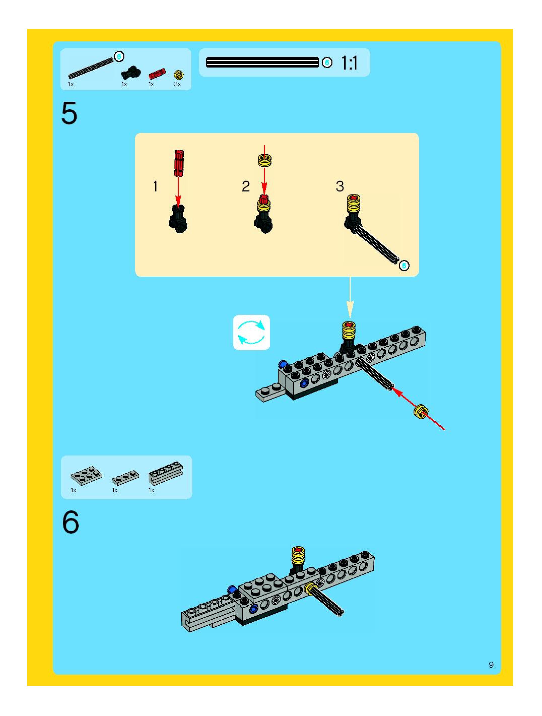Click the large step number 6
click(71, 522)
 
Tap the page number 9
click(491, 665)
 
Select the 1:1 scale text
click(349, 63)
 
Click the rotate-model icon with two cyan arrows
click(251, 333)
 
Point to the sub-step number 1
click(155, 186)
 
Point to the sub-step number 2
click(246, 186)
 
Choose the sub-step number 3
click(340, 186)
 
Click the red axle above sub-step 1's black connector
click(179, 163)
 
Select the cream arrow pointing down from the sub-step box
click(350, 297)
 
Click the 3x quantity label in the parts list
click(177, 84)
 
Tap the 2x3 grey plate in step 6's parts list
click(86, 475)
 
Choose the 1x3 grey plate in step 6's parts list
click(125, 477)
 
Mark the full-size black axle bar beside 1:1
click(262, 62)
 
